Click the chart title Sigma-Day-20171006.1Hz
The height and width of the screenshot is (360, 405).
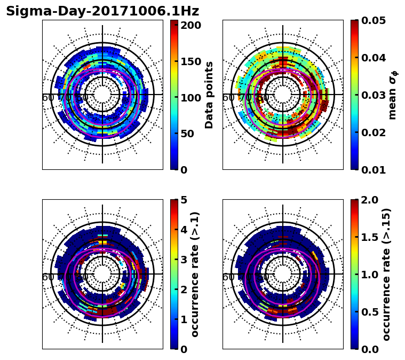pos(102,11)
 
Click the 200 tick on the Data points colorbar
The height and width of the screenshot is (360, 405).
pos(190,25)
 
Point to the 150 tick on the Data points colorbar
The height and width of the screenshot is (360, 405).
pos(190,61)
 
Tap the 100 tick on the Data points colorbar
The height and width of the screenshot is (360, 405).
pos(190,98)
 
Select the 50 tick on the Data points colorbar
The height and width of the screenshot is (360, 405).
pos(190,134)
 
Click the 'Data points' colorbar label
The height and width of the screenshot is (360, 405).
pos(209,95)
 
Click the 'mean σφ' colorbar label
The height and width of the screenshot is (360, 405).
pos(392,95)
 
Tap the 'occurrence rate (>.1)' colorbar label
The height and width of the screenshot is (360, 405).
pos(195,274)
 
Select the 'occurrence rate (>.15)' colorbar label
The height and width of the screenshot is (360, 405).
pos(387,274)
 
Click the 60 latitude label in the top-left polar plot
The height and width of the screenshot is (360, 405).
pos(47,98)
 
